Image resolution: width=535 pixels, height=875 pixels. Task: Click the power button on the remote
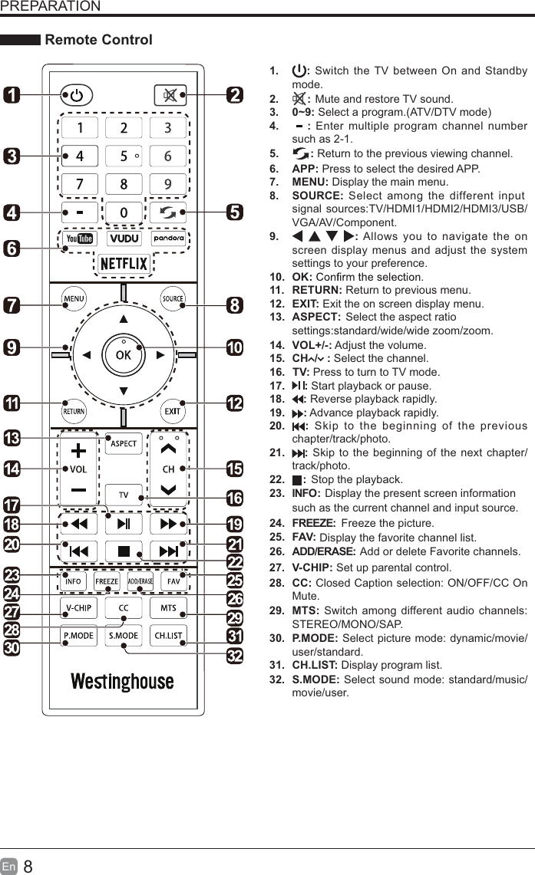point(76,96)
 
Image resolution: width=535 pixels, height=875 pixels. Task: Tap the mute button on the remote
point(169,96)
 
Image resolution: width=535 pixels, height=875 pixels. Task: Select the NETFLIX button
point(123,264)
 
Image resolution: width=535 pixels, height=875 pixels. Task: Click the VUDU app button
point(123,238)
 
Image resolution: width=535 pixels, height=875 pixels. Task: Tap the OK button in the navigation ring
point(123,355)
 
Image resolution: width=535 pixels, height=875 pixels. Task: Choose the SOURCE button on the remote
point(173,298)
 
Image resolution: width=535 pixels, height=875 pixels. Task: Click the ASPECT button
point(124,444)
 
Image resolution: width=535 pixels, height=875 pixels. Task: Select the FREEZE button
point(107,581)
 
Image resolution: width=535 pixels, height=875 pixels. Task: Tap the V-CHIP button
point(78,608)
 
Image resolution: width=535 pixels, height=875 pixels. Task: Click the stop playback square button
point(123,551)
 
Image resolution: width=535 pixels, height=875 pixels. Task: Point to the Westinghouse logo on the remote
point(123,681)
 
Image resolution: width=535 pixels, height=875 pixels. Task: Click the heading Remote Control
point(99,40)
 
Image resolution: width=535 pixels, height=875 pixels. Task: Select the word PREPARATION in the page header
point(50,7)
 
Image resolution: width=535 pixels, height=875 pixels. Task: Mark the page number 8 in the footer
point(28,867)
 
